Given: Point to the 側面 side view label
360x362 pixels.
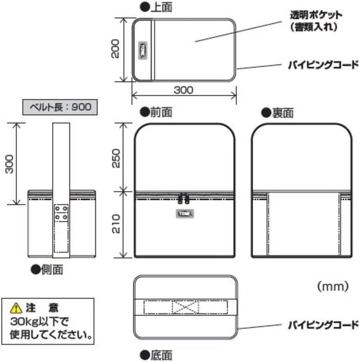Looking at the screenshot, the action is point(51,270).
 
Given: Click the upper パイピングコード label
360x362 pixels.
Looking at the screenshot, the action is point(323,65).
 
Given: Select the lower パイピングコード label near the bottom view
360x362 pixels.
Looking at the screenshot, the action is point(323,325).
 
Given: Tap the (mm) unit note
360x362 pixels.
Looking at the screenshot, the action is point(333,285).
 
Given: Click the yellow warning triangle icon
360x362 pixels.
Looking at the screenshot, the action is point(16,307).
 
